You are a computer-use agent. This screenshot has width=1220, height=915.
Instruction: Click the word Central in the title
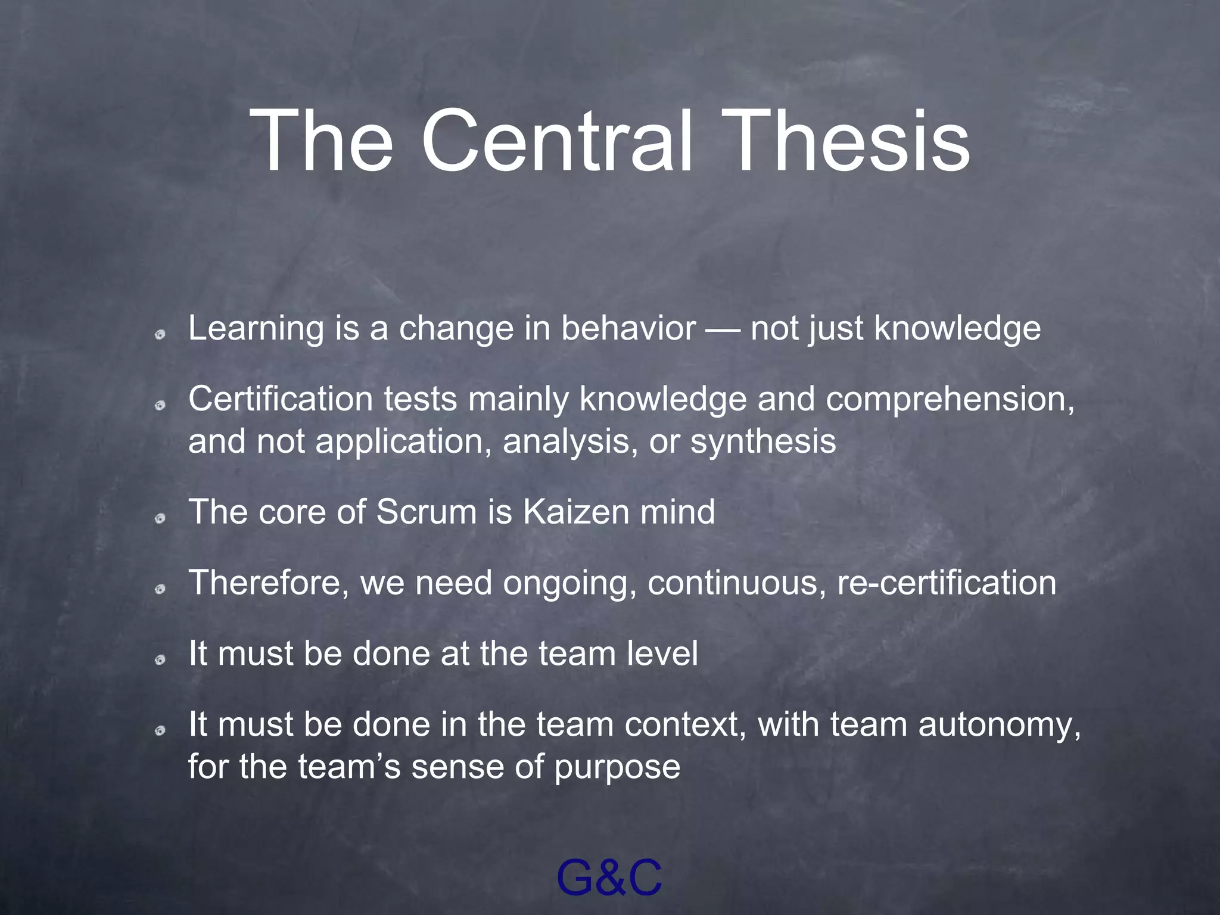coord(557,142)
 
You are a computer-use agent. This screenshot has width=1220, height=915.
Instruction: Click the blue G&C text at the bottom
coord(609,878)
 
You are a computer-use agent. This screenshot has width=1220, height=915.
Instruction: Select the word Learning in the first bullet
coord(256,329)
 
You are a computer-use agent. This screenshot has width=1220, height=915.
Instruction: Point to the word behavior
coord(628,328)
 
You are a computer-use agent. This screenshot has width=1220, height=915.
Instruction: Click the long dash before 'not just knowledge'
coord(723,329)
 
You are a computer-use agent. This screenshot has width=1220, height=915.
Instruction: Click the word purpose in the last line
coord(617,768)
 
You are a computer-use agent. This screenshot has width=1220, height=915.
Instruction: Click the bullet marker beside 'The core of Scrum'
coord(160,519)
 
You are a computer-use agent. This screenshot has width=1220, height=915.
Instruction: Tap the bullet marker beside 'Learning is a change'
coord(160,335)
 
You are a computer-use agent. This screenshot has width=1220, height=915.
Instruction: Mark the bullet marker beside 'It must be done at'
coord(160,660)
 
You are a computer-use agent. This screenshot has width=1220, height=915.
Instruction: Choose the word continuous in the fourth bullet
coord(736,583)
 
